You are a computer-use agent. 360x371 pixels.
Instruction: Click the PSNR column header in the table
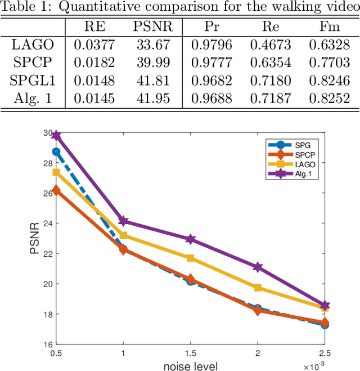(154, 27)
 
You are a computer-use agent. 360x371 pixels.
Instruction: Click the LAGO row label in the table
(33, 45)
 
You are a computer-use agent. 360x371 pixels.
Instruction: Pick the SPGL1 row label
(33, 81)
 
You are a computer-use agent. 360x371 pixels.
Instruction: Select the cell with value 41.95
(154, 99)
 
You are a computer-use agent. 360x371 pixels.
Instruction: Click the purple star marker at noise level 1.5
(191, 239)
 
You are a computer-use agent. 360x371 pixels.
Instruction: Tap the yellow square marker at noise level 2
(258, 288)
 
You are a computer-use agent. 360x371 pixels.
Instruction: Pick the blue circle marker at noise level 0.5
(56, 151)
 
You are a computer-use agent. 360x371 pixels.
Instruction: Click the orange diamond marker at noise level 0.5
(56, 191)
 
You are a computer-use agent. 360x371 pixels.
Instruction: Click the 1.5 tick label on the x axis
(191, 353)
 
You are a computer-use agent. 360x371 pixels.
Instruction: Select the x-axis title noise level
(191, 365)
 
